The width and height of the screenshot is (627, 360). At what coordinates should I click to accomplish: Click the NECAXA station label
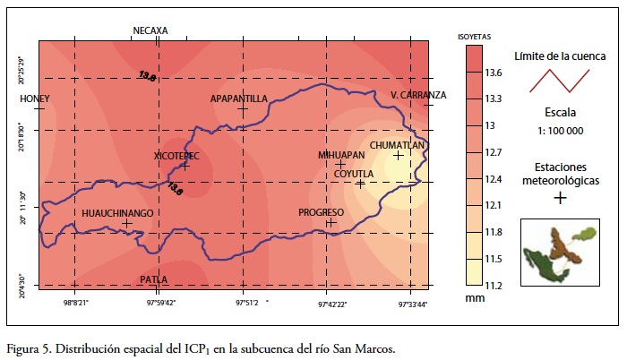150,30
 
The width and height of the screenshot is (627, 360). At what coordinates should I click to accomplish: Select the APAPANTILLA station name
239,99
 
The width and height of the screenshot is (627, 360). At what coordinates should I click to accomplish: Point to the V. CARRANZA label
418,95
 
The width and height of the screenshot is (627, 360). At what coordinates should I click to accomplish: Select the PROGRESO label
322,212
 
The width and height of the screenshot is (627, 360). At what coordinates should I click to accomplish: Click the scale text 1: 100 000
560,131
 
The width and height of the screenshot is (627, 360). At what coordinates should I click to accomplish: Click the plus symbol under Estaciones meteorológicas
560,198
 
